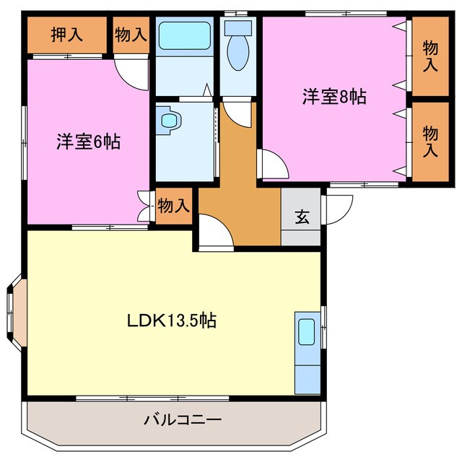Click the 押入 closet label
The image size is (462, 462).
point(67,33)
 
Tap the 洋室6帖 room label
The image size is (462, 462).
point(89,141)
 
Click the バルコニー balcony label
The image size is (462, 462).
point(182,419)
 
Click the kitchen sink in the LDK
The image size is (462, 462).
point(307,331)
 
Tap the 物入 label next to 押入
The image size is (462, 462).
point(131,34)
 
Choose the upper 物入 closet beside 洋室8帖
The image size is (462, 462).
point(430,56)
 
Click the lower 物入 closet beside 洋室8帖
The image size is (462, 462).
point(430,141)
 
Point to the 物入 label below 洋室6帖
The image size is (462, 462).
point(173,206)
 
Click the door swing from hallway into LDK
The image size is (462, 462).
point(215,232)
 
